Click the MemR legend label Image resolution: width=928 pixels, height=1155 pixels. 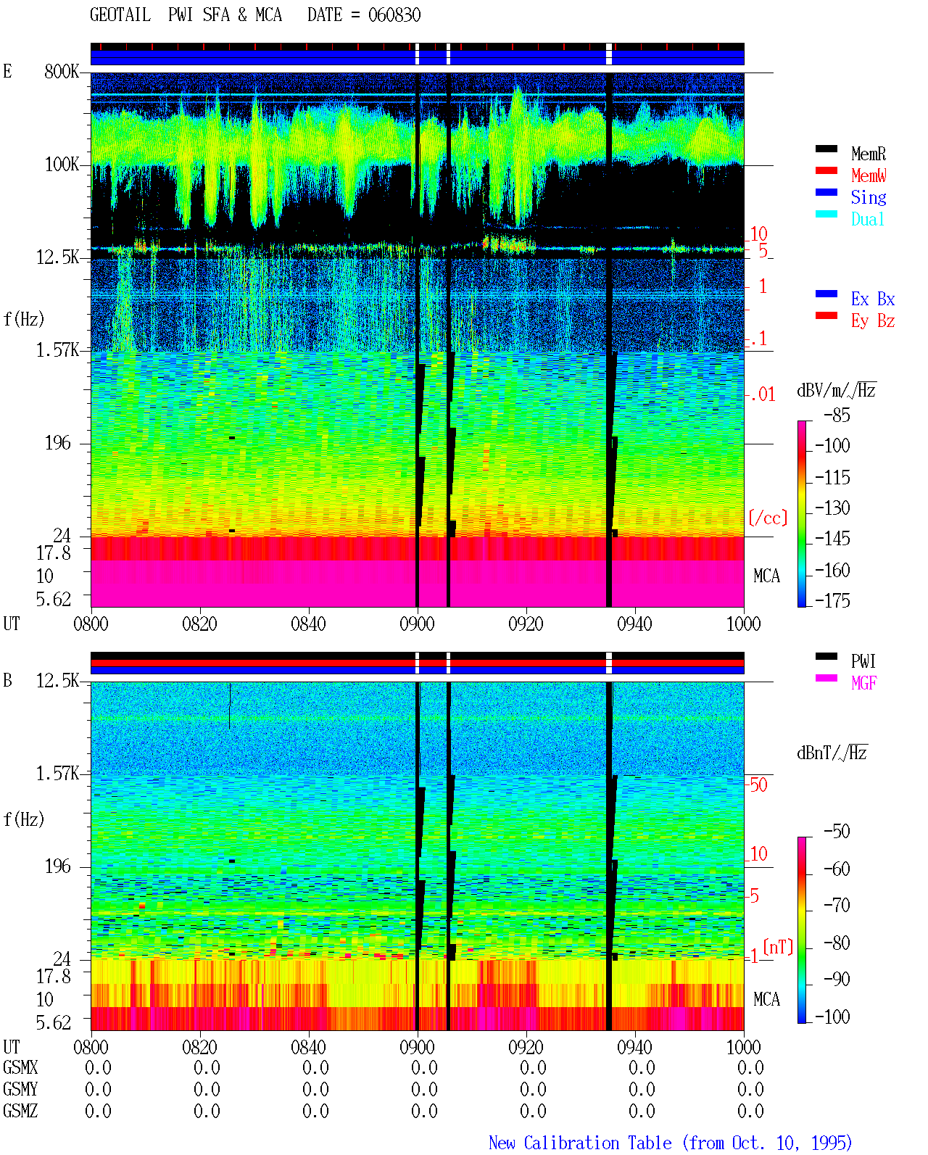(x=868, y=154)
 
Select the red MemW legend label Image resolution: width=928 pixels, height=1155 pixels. (x=869, y=175)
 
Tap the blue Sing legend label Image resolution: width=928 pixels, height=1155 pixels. (x=868, y=197)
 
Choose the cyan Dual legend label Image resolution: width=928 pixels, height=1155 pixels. (x=867, y=219)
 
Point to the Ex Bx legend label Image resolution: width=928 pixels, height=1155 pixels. (x=872, y=299)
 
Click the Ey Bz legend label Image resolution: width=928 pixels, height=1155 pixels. (x=872, y=321)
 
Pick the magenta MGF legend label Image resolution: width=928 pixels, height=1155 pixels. (x=863, y=683)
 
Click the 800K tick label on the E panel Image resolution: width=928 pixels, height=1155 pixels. (x=61, y=71)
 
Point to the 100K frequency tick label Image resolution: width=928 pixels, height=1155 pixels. (x=61, y=165)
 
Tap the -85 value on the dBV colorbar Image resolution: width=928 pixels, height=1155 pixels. (x=837, y=415)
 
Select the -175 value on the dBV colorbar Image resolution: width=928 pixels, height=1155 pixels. (x=832, y=600)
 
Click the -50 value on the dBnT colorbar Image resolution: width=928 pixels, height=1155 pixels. (x=837, y=832)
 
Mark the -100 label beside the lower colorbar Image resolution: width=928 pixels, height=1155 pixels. (x=832, y=1017)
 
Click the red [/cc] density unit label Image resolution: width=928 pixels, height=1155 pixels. (x=768, y=518)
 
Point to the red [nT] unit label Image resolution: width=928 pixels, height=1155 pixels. (x=778, y=946)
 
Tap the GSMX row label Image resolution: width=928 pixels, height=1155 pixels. (x=20, y=1067)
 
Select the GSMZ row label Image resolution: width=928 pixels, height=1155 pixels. (x=20, y=1111)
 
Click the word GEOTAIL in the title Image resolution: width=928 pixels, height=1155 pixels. (x=120, y=15)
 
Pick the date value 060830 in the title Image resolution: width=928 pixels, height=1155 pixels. (x=394, y=15)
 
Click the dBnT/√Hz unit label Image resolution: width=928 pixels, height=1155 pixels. (x=832, y=753)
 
